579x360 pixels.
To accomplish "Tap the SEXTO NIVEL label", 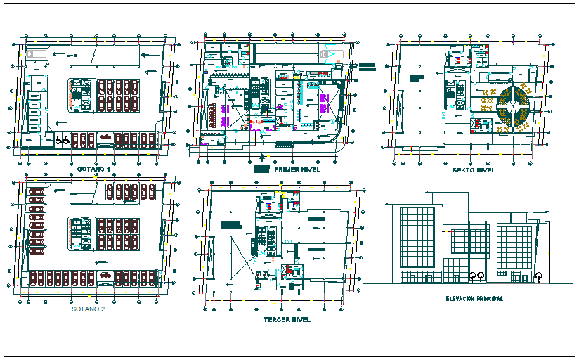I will pos(474,170).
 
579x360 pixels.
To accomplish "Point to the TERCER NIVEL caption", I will pos(287,319).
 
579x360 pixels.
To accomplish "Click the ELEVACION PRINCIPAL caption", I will pos(474,299).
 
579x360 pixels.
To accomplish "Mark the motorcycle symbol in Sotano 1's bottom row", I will pos(105,136).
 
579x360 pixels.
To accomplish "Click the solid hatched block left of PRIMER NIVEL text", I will pos(261,170).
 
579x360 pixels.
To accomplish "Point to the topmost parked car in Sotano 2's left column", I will pos(36,191).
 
